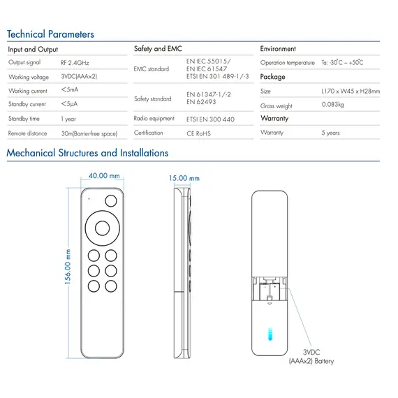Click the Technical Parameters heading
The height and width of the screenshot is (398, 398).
pyautogui.click(x=50, y=34)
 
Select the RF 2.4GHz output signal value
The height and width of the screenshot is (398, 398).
pyautogui.click(x=75, y=63)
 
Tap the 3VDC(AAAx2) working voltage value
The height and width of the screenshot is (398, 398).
pyautogui.click(x=79, y=76)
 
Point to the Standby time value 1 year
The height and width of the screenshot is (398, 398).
pyautogui.click(x=68, y=119)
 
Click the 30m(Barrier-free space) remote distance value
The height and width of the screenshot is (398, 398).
pyautogui.click(x=89, y=133)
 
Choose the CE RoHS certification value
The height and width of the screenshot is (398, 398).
pyautogui.click(x=198, y=133)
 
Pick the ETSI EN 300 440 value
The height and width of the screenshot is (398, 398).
pyautogui.click(x=210, y=119)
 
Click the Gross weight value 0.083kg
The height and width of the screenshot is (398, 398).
pyautogui.click(x=332, y=105)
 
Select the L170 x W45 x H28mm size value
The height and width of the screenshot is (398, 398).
pyautogui.click(x=351, y=91)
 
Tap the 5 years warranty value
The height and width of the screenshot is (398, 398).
pyautogui.click(x=330, y=133)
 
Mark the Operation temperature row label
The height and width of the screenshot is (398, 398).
pyautogui.click(x=288, y=63)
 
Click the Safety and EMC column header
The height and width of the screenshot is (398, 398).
pyautogui.click(x=158, y=48)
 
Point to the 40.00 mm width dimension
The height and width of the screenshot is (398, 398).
pyautogui.click(x=104, y=176)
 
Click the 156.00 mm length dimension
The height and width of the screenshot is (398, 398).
pyautogui.click(x=68, y=267)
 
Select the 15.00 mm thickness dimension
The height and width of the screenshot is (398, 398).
pyautogui.click(x=184, y=178)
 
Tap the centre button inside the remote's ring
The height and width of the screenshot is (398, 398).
pyautogui.click(x=102, y=228)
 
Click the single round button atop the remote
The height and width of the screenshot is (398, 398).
pyautogui.click(x=111, y=201)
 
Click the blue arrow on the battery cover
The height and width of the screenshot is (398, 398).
pyautogui.click(x=270, y=334)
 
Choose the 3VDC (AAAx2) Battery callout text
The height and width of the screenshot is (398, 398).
pyautogui.click(x=311, y=357)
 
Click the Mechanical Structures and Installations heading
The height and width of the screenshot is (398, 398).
pyautogui.click(x=87, y=153)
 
